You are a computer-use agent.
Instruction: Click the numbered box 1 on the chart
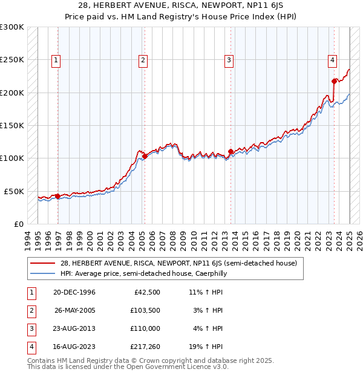pyautogui.click(x=56, y=60)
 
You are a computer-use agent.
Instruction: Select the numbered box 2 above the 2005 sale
pyautogui.click(x=143, y=60)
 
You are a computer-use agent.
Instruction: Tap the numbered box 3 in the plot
pyautogui.click(x=229, y=60)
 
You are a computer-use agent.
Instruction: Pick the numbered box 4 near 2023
pyautogui.click(x=333, y=60)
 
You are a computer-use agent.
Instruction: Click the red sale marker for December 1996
pyautogui.click(x=58, y=196)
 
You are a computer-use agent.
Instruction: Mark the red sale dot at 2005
pyautogui.click(x=145, y=156)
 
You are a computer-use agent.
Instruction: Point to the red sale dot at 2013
pyautogui.click(x=231, y=152)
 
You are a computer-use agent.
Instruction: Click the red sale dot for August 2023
pyautogui.click(x=334, y=81)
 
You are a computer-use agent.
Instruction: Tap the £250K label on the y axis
pyautogui.click(x=12, y=60)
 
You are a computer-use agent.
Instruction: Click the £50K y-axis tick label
pyautogui.click(x=14, y=191)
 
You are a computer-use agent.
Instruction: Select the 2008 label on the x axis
pyautogui.click(x=174, y=239)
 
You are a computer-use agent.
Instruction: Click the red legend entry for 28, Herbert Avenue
pyautogui.click(x=178, y=263)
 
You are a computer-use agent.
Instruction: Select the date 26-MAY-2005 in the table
pyautogui.click(x=75, y=310)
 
